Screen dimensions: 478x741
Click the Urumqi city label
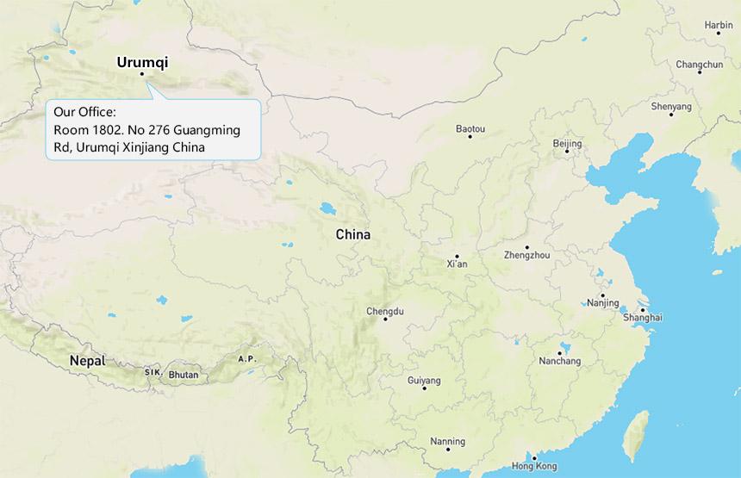point(142,62)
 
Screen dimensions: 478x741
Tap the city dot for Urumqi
point(142,74)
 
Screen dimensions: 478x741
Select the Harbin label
point(719,25)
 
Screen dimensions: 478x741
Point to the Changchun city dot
point(700,71)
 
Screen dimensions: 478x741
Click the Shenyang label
point(671,106)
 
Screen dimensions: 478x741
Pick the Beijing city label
point(567,143)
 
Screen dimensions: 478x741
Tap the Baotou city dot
point(470,137)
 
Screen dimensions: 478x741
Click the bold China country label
point(353,234)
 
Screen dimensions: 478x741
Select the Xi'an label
point(457,264)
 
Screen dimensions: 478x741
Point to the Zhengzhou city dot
point(527,247)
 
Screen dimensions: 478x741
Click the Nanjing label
point(602,303)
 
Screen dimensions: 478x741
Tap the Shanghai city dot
point(643,310)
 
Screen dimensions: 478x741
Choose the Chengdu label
point(385,311)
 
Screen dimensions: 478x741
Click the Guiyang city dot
point(425,388)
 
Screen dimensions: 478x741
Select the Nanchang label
point(559,361)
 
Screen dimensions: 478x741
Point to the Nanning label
point(448,442)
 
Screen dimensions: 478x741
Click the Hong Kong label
point(533,466)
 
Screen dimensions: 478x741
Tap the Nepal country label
point(87,361)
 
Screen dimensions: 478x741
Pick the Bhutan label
point(184,375)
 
